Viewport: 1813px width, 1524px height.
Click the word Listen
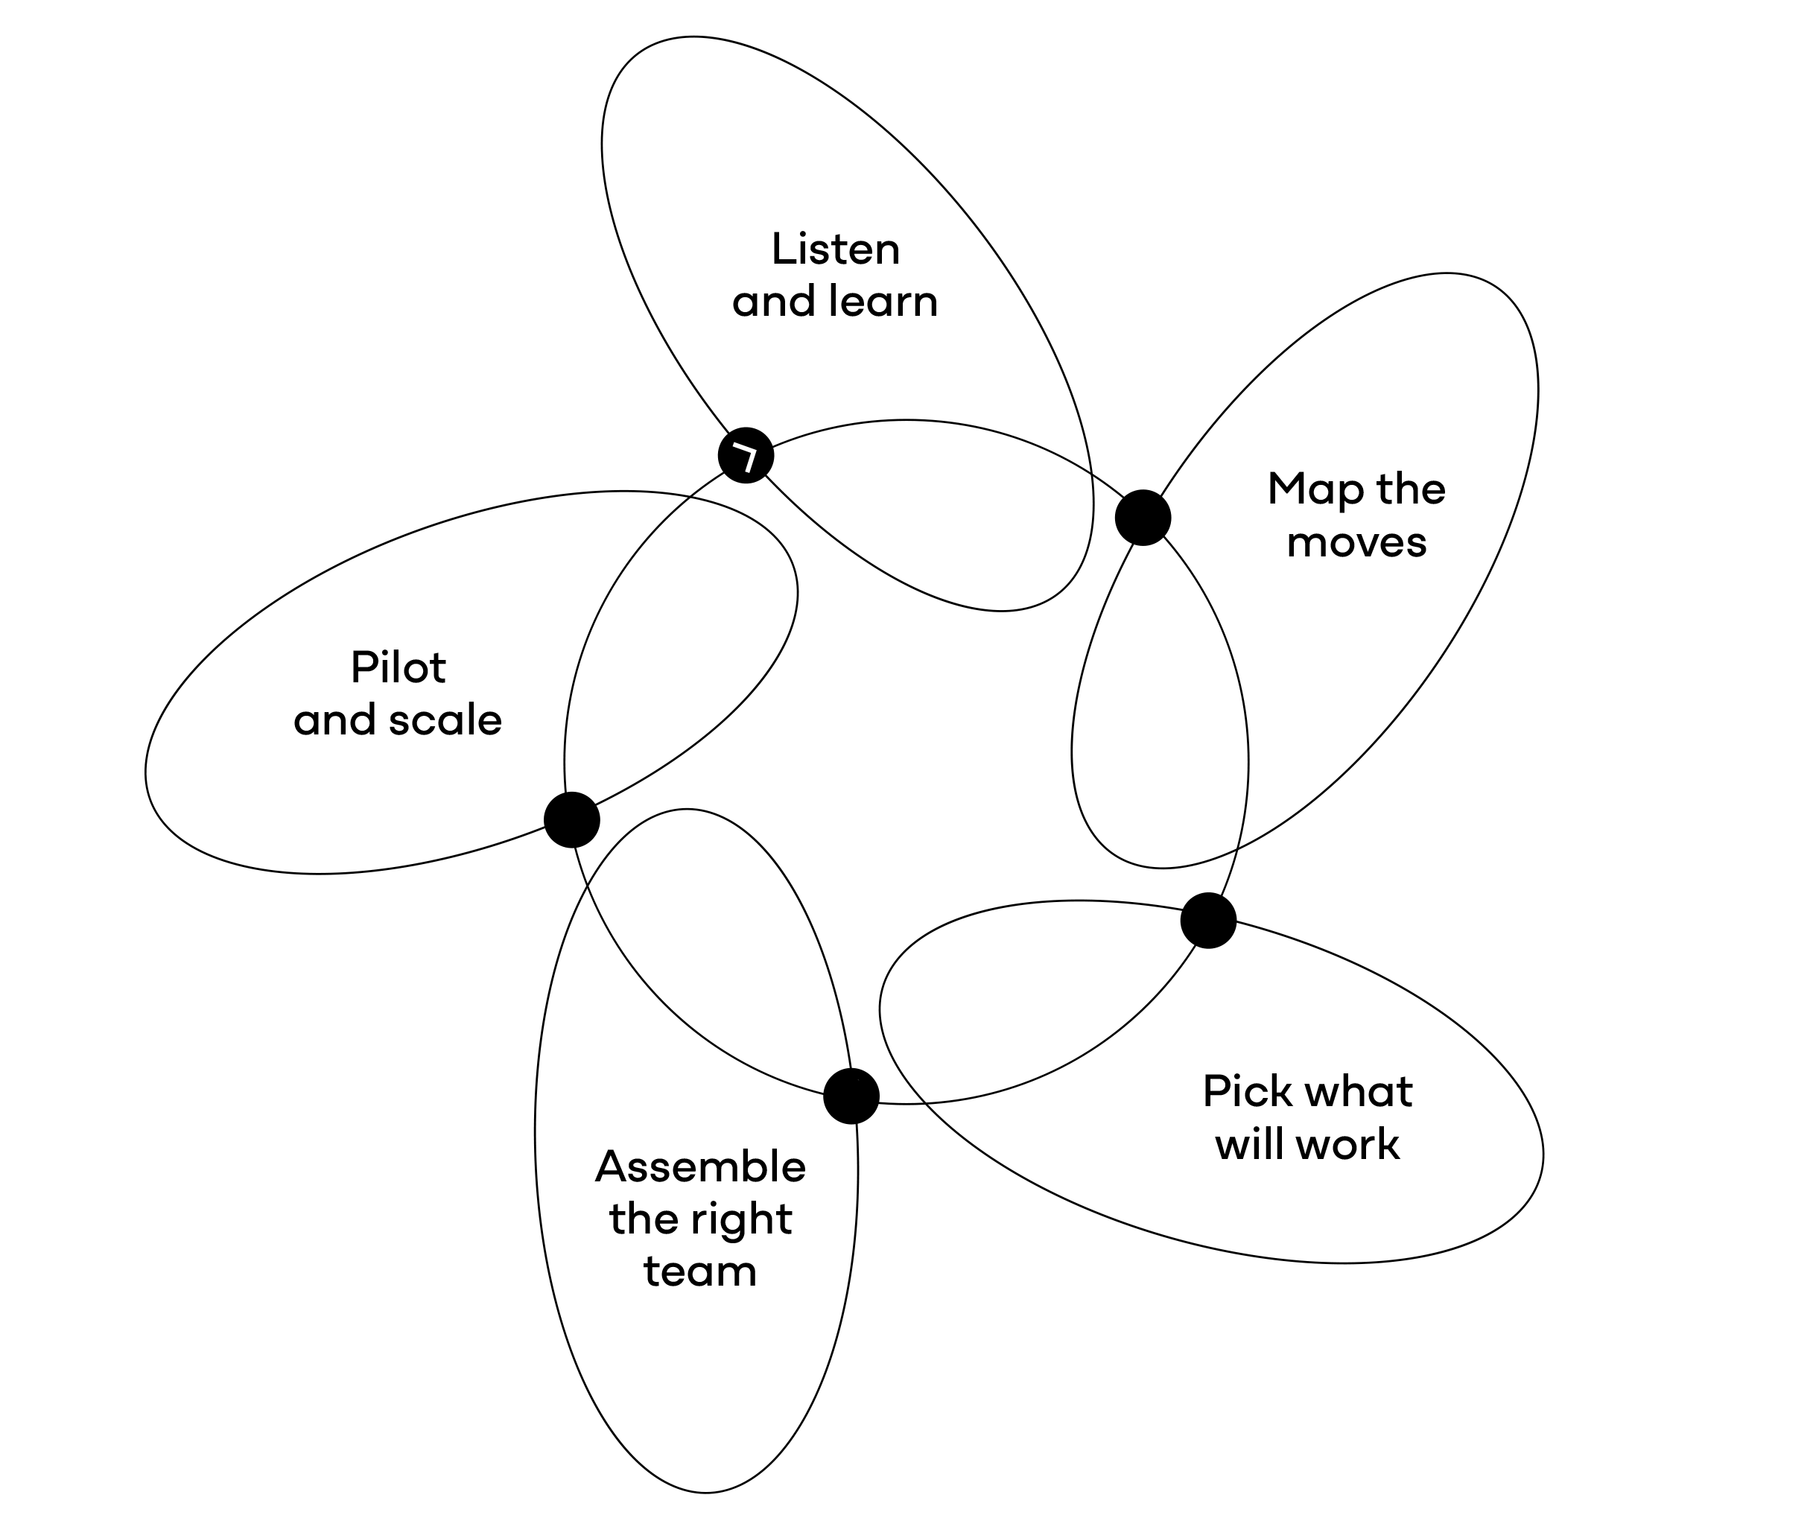[x=835, y=250]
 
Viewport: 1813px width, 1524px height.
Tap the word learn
[x=883, y=302]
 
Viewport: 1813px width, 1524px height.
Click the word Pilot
[x=399, y=668]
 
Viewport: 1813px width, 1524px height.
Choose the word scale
[x=445, y=720]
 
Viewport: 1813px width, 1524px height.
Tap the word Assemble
[x=700, y=1167]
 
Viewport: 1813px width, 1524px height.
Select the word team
[x=700, y=1271]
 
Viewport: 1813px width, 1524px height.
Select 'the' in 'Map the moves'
[x=1411, y=489]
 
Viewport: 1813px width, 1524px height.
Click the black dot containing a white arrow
[x=746, y=454]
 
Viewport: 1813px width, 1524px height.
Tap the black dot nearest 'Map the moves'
[x=1143, y=518]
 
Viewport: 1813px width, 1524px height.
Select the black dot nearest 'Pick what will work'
[x=1208, y=921]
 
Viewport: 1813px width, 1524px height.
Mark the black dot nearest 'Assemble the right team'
[x=851, y=1096]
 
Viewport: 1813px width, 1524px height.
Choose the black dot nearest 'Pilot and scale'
[x=572, y=819]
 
